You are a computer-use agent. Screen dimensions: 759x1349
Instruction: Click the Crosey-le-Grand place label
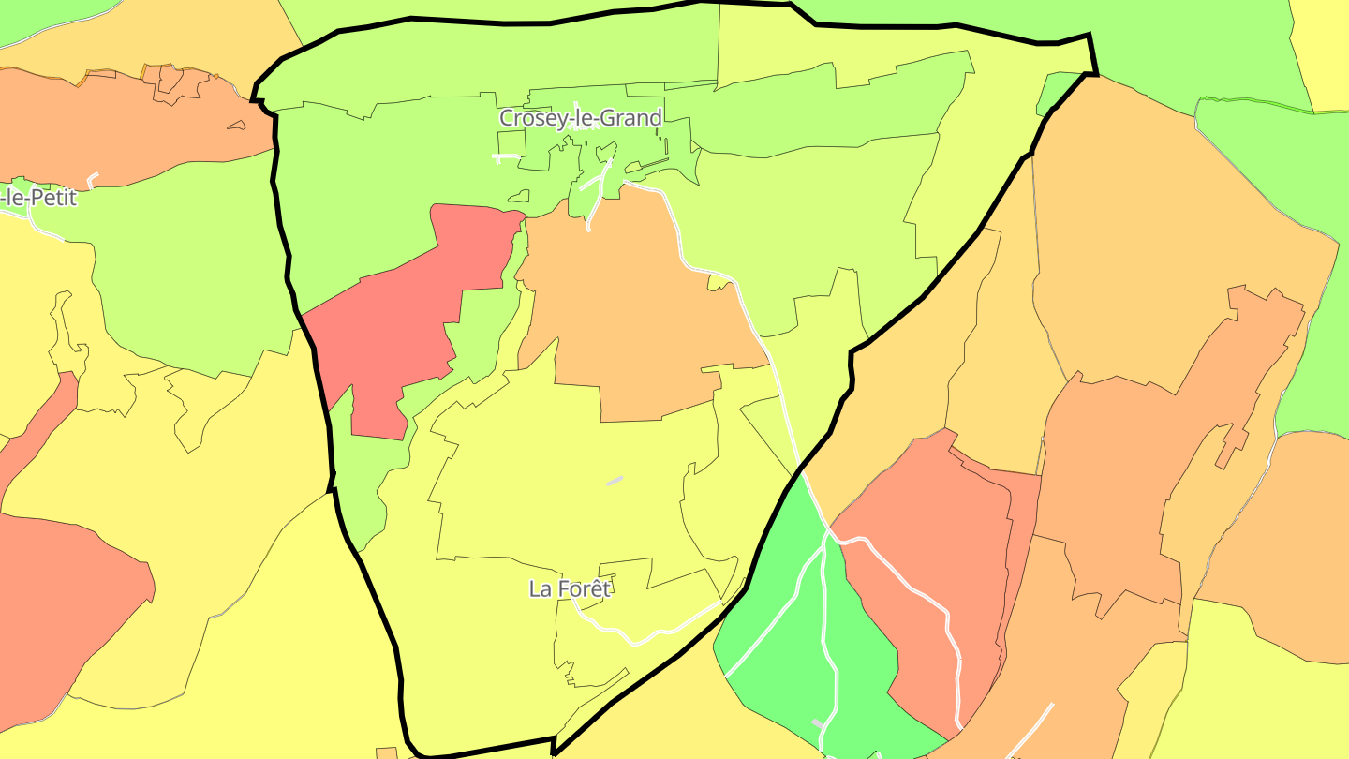(580, 118)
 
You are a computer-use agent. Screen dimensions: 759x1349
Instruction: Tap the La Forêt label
(570, 588)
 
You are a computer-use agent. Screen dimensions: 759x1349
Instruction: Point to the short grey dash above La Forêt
(615, 481)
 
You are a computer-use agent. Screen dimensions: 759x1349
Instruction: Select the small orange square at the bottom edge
(387, 752)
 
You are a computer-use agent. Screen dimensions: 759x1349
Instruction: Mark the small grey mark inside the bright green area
(818, 723)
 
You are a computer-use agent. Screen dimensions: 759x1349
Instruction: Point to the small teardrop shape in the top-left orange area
(236, 125)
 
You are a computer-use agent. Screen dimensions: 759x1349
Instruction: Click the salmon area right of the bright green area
(937, 543)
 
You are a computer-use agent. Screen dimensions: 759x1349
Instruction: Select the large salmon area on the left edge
(56, 600)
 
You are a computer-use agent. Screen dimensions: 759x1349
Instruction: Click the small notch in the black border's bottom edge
(555, 747)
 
